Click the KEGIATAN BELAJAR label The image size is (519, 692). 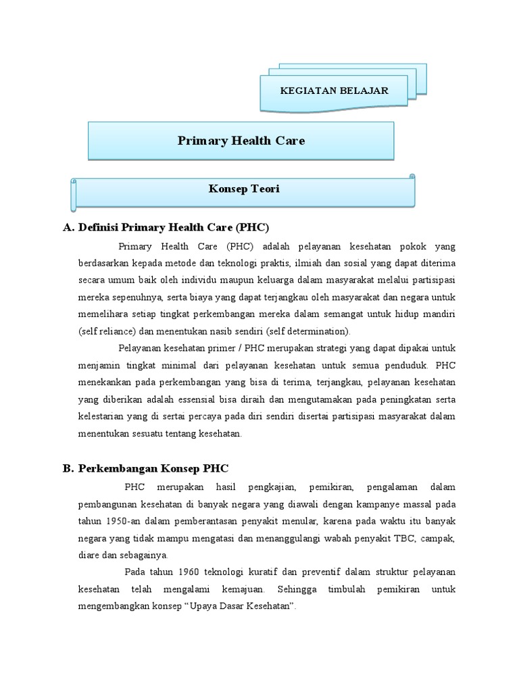point(335,90)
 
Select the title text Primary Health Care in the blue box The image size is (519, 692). point(241,141)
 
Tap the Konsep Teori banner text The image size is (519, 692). point(244,189)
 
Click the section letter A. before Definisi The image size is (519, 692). point(68,227)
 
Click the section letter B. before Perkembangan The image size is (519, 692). point(68,468)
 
